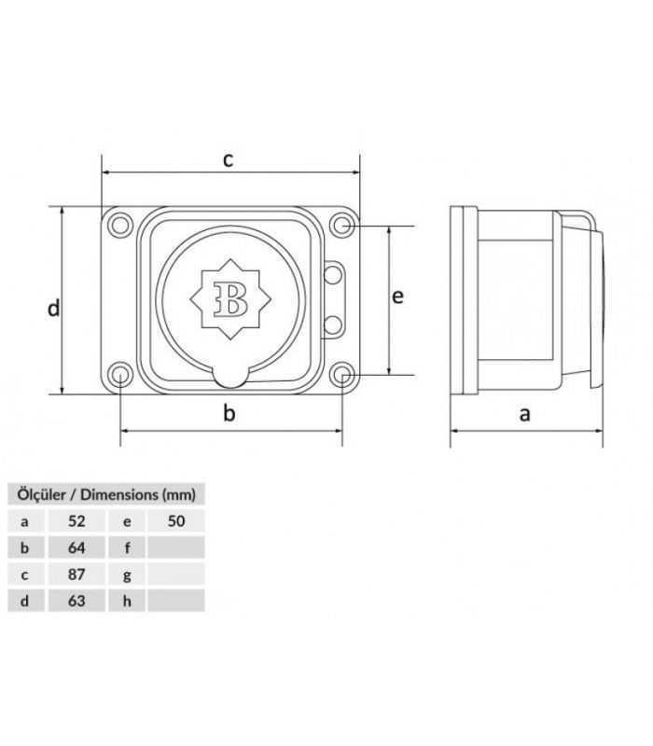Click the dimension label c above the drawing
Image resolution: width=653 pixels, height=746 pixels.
(228, 159)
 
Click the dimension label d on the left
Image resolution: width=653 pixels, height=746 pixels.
(53, 308)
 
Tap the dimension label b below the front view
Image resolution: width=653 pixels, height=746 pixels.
(229, 414)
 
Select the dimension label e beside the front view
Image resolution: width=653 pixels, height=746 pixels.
(397, 296)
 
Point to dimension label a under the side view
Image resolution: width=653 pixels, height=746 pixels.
(524, 413)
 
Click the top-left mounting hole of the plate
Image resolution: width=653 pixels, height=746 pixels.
(120, 225)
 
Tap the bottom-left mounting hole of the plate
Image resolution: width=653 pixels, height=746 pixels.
(120, 375)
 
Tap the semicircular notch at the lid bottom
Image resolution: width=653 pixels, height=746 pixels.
(229, 374)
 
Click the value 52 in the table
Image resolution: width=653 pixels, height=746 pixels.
(76, 521)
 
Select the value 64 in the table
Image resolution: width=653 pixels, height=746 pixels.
(76, 547)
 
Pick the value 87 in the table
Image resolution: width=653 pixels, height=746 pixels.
(76, 574)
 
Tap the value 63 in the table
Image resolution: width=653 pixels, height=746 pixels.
(76, 601)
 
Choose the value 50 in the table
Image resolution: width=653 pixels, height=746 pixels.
(176, 521)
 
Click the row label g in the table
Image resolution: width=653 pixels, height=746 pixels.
(127, 574)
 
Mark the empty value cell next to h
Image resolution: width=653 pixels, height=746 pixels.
(176, 601)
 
